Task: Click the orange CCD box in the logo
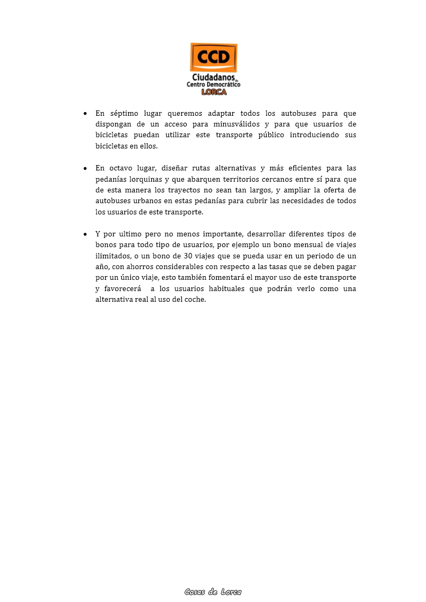214,57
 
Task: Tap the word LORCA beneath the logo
214,92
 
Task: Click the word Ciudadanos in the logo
213,78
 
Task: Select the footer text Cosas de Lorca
213,592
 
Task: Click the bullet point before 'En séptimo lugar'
85,114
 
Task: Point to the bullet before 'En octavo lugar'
85,168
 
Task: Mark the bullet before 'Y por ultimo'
85,234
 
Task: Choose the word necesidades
300,201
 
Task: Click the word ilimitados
112,256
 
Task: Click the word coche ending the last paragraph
195,300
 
